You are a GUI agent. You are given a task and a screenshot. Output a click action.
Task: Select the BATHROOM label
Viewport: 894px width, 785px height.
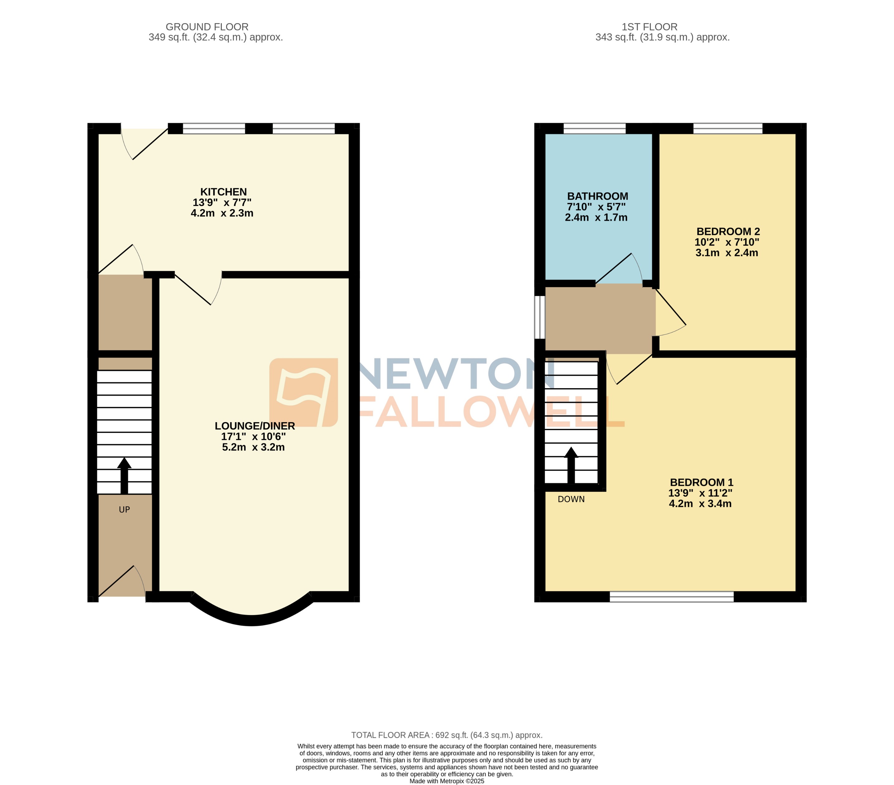[597, 196]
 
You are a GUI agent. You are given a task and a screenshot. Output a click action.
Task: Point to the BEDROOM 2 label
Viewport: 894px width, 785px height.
[728, 231]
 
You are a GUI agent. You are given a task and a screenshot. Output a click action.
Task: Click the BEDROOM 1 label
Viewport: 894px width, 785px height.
[701, 483]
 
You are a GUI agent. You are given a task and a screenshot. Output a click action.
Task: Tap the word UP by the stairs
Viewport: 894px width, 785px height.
[124, 510]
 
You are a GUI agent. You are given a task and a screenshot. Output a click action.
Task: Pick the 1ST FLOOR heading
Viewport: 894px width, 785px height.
[649, 27]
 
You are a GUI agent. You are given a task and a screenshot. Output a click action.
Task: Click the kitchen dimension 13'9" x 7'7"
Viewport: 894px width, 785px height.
[222, 202]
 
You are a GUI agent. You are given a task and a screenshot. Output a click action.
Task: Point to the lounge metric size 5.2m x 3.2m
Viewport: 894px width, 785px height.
[253, 447]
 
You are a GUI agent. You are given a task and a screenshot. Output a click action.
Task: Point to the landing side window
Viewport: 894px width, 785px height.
[540, 317]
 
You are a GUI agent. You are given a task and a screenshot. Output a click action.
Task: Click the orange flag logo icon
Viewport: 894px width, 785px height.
[303, 392]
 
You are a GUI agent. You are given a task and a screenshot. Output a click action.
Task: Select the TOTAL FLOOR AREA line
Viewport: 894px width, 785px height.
[447, 735]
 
